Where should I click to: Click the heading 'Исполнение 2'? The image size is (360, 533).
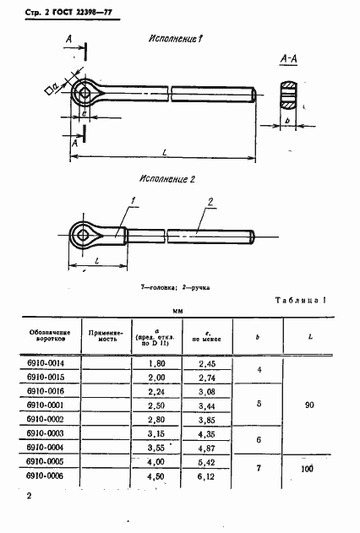(x=166, y=180)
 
